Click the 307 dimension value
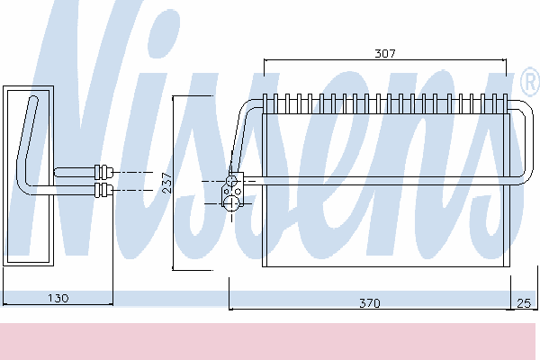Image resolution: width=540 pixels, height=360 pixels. [x=385, y=53]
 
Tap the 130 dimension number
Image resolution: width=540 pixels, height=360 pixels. [x=58, y=297]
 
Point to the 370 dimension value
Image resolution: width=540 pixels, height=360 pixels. [x=369, y=303]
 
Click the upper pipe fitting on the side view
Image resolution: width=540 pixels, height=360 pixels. [x=102, y=171]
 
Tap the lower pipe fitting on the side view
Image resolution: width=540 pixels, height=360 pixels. [x=102, y=190]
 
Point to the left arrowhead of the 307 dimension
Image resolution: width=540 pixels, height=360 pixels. [x=266, y=61]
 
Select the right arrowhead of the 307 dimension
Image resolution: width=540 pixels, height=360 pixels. [x=505, y=61]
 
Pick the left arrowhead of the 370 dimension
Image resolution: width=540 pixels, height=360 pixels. [x=232, y=303]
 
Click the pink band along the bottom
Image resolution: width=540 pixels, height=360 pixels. [x=270, y=342]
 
